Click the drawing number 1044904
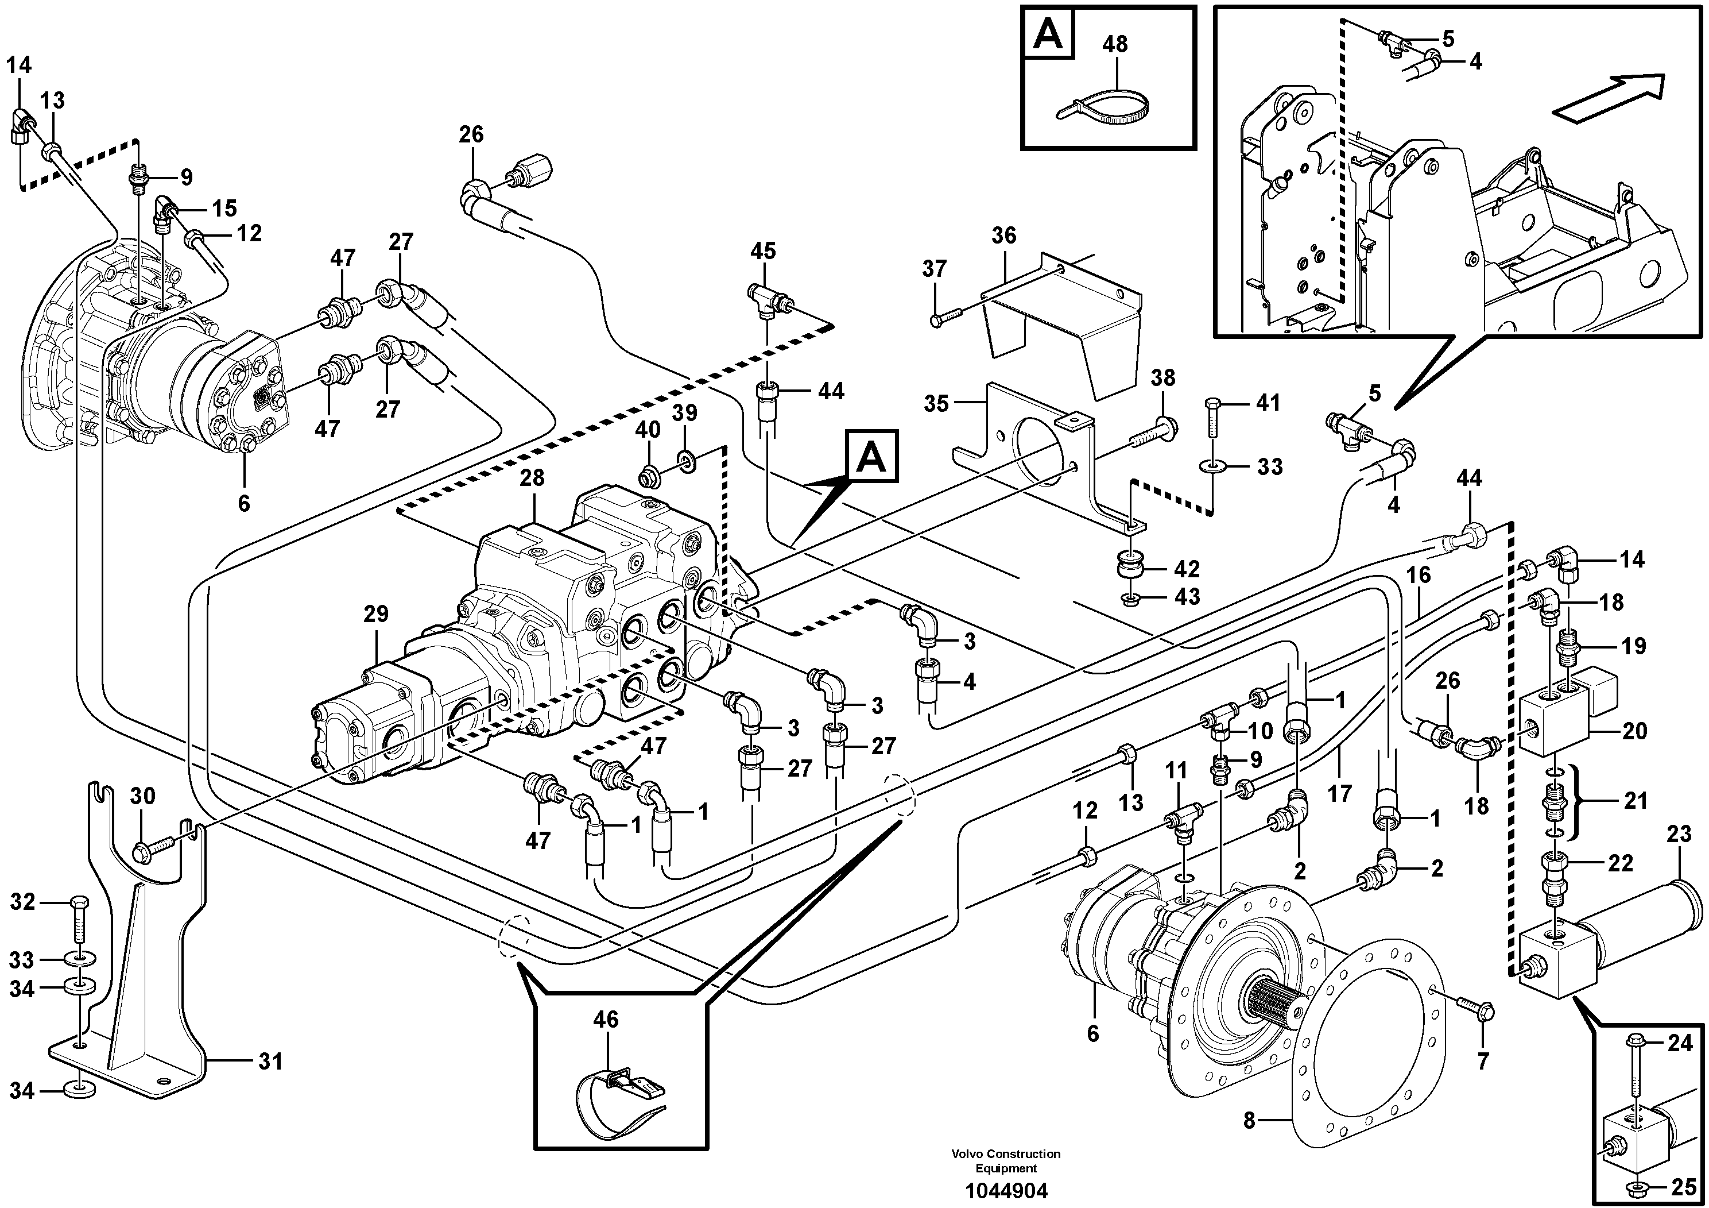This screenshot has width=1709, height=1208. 1006,1191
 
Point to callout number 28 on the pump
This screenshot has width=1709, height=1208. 532,477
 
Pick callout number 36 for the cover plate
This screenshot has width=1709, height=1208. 1003,236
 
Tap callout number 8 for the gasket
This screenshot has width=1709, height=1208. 1249,1140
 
